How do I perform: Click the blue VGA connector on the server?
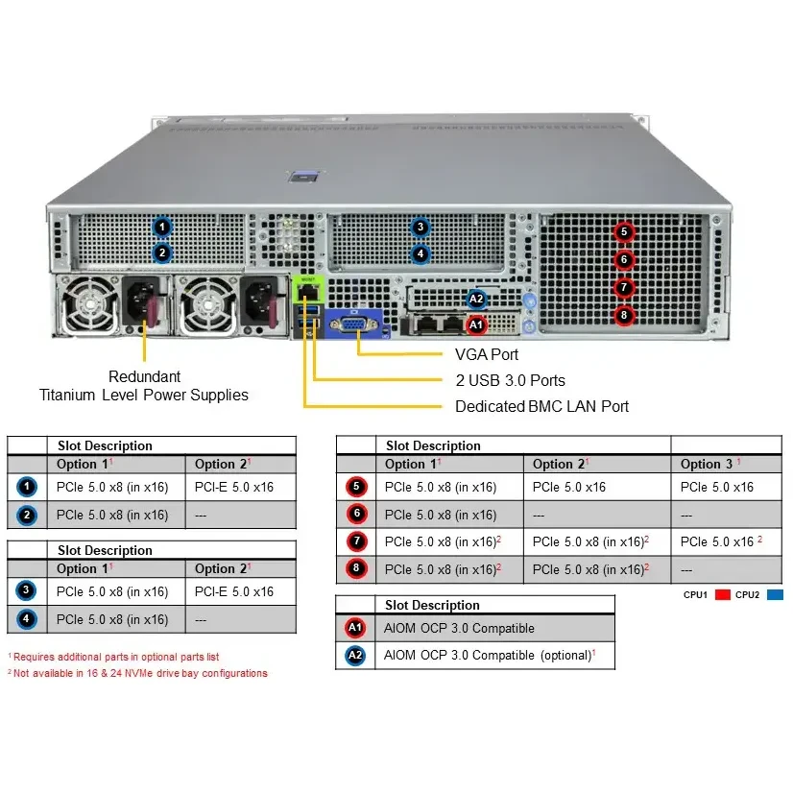354,325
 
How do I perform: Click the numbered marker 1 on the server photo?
162,228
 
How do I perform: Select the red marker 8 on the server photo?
624,315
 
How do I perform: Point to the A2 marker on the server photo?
476,299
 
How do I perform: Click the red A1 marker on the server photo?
475,325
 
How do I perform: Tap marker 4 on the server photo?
420,254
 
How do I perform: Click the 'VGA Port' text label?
487,354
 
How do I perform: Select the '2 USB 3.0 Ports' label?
510,380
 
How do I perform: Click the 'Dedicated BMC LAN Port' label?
541,406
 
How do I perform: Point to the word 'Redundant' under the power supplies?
144,376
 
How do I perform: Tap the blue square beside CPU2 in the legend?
775,595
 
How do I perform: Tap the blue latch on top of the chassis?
305,177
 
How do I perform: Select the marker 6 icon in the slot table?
357,515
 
